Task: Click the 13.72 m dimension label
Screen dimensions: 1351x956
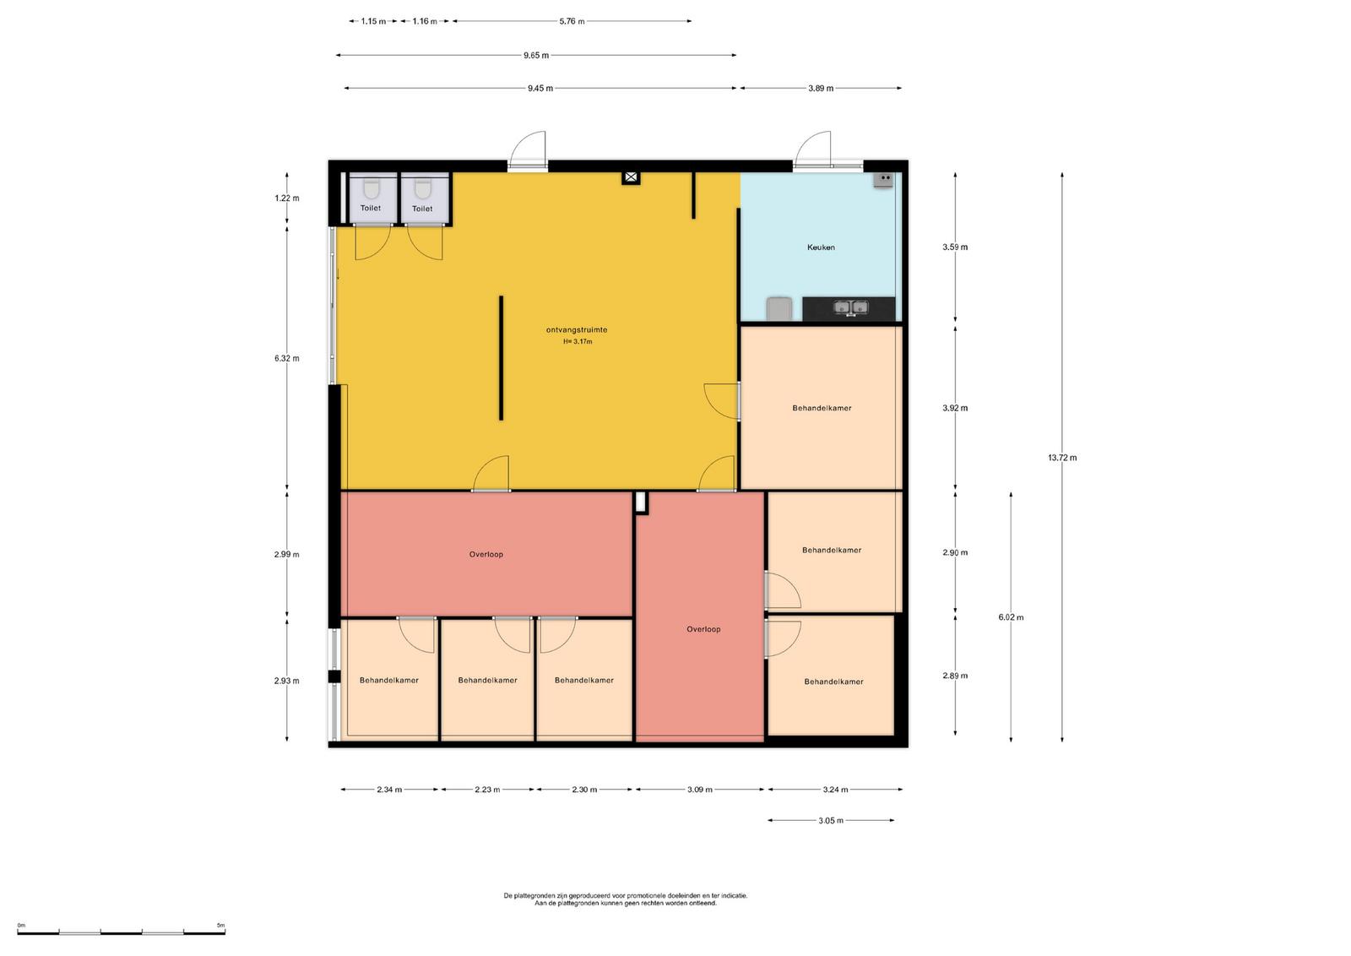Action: (1062, 458)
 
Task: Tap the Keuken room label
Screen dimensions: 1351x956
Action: (821, 247)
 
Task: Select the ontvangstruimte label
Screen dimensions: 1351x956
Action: (577, 330)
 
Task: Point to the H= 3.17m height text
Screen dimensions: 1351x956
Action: (578, 341)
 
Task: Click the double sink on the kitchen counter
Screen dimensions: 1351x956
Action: (850, 307)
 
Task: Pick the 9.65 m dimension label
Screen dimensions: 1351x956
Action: (536, 56)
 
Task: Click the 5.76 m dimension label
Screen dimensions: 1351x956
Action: (572, 22)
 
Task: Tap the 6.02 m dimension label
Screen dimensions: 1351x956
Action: (1011, 617)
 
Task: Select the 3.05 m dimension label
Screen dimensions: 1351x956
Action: (831, 821)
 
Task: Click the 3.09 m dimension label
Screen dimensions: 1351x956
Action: (700, 790)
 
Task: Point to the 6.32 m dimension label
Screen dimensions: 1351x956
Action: (286, 358)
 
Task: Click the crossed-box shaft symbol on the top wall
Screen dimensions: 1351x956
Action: (631, 177)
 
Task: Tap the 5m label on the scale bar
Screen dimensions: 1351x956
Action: (220, 926)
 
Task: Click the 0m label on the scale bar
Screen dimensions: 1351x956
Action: (21, 926)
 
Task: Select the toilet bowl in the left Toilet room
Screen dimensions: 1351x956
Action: (371, 189)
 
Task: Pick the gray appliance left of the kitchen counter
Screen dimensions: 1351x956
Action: (779, 308)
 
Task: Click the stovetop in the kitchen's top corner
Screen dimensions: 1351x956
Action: (883, 180)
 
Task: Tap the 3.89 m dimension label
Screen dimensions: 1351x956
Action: (821, 89)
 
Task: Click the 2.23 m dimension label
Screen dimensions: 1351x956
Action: (487, 790)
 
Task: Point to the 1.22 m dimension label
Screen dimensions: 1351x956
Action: (286, 198)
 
